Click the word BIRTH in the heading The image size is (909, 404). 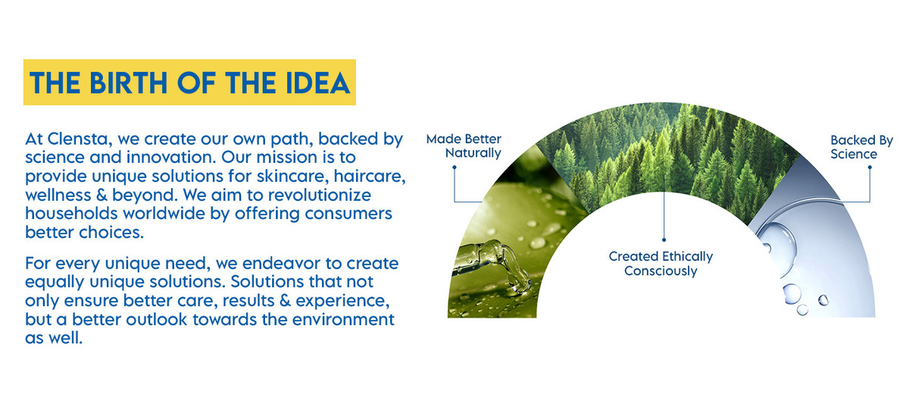(x=128, y=83)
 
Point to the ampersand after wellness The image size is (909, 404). (x=102, y=196)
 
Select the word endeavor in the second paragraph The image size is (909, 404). (x=280, y=264)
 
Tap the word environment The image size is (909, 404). (x=343, y=320)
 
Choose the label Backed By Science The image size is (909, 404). (x=861, y=147)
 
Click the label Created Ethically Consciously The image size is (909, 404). (x=661, y=264)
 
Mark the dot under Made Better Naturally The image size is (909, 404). (x=454, y=167)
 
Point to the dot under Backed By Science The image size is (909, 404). (x=870, y=167)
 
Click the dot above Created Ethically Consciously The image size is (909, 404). (x=664, y=240)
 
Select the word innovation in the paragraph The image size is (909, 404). (x=169, y=158)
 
